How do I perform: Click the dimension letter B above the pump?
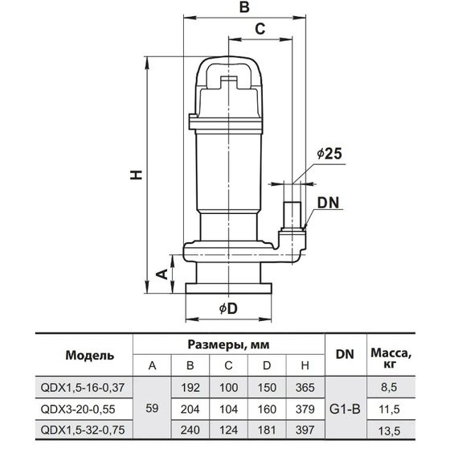point(244,7)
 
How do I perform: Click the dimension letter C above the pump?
point(260,29)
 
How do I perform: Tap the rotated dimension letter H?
point(136,175)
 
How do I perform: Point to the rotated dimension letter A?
point(162,274)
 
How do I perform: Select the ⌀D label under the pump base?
point(228,309)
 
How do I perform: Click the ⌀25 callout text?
point(329,154)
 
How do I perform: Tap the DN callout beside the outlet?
point(329,203)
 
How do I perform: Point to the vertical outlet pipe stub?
point(292,215)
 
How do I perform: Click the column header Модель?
point(90,356)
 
